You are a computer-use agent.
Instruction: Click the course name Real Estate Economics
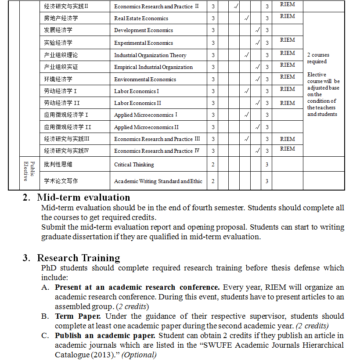coord(141,18)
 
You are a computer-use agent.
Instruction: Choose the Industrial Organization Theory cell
coord(150,55)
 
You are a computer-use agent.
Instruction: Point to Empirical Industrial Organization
coord(153,67)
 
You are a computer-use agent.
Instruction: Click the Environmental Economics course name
coord(145,79)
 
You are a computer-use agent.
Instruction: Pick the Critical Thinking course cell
coord(134,165)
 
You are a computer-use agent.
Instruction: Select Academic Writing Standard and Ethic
coord(158,181)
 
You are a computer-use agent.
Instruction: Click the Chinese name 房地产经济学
coord(61,18)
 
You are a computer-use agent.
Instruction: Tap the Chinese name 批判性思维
coord(58,165)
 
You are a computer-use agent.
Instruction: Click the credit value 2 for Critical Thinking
coord(213,165)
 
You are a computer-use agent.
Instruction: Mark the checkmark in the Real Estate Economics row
coord(246,18)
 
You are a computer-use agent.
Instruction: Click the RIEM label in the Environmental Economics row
coord(288,77)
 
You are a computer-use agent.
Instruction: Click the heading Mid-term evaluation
coord(83,197)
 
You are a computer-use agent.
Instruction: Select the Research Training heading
coord(78,258)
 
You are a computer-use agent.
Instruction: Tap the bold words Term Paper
coord(78,316)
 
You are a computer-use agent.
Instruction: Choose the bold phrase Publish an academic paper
coord(105,335)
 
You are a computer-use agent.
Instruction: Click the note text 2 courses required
coord(318,58)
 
